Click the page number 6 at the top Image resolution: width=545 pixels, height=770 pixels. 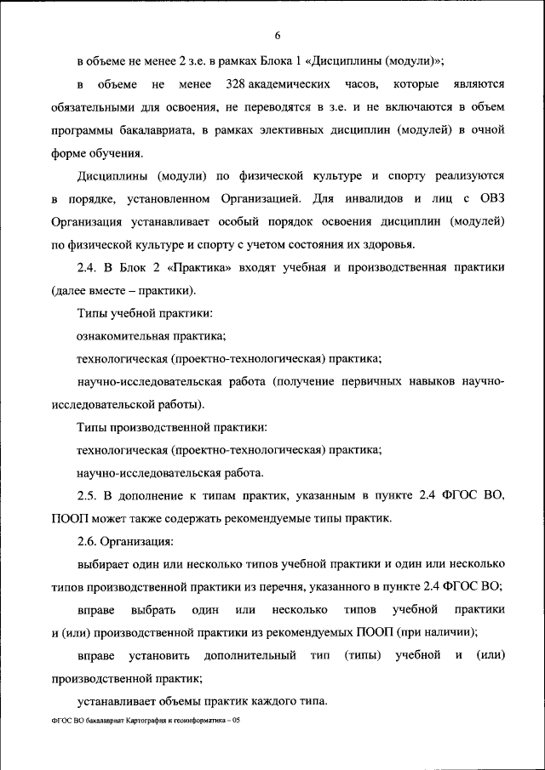tap(278, 35)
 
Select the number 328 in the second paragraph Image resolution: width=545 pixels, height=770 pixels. tap(237, 85)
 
